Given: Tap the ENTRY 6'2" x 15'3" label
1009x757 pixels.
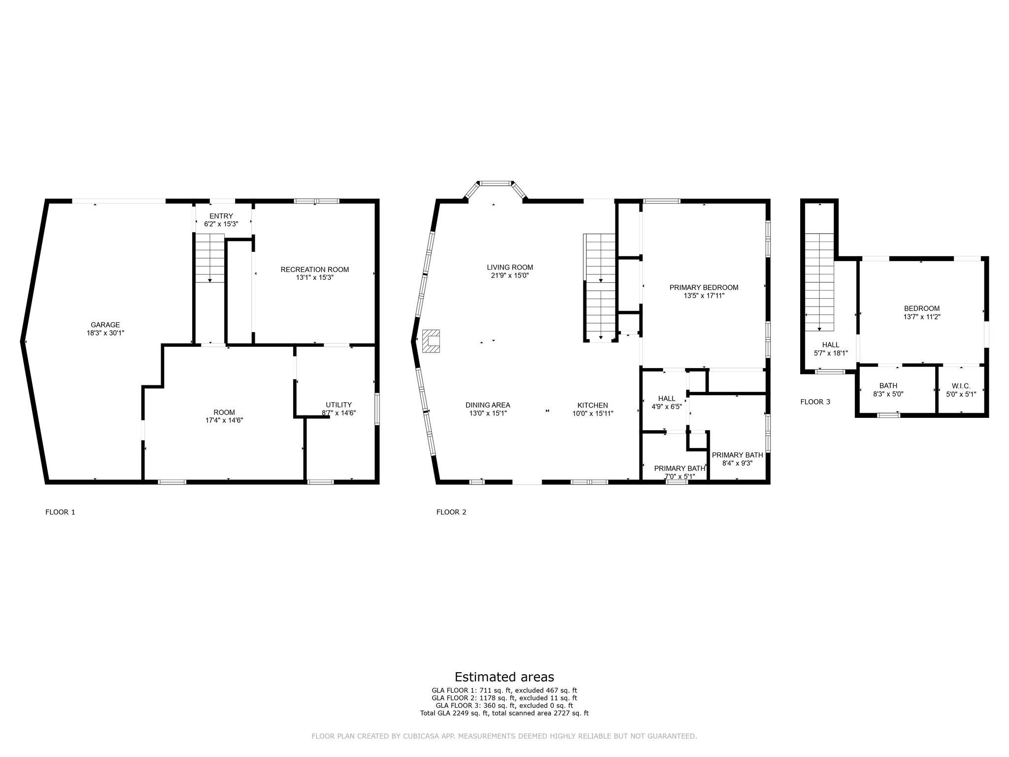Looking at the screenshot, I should point(221,220).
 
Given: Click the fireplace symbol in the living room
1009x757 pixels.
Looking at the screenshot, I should point(432,341).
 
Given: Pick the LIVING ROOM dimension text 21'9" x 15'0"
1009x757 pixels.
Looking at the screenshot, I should point(510,275).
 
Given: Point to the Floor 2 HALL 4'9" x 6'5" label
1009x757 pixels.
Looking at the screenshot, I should point(667,403).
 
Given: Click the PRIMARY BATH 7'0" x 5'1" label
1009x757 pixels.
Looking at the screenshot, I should point(679,472).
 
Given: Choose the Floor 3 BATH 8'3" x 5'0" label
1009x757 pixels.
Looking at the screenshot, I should point(888,390).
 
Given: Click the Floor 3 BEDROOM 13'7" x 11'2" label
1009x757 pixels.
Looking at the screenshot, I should point(921,312).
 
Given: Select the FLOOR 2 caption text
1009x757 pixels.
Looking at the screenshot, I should point(451,512).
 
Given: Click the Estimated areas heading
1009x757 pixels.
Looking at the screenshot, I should point(504,677).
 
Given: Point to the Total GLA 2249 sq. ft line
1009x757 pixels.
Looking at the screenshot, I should point(504,713).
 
